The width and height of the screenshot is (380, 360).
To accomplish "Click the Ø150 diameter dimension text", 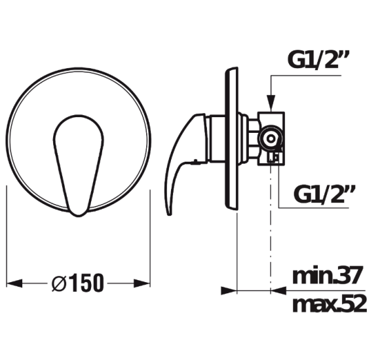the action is (x=77, y=283).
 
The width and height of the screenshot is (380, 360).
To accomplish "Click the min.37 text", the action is (x=328, y=276).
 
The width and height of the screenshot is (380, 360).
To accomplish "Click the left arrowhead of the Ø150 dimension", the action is (x=14, y=283).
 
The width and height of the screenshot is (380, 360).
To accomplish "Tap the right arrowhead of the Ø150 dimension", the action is (x=142, y=283).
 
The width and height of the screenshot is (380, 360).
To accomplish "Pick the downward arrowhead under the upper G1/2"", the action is (x=271, y=103).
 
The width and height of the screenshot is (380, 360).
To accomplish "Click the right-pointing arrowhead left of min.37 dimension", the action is (x=229, y=291).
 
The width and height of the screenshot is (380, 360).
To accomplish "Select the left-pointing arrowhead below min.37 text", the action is (x=278, y=291).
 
